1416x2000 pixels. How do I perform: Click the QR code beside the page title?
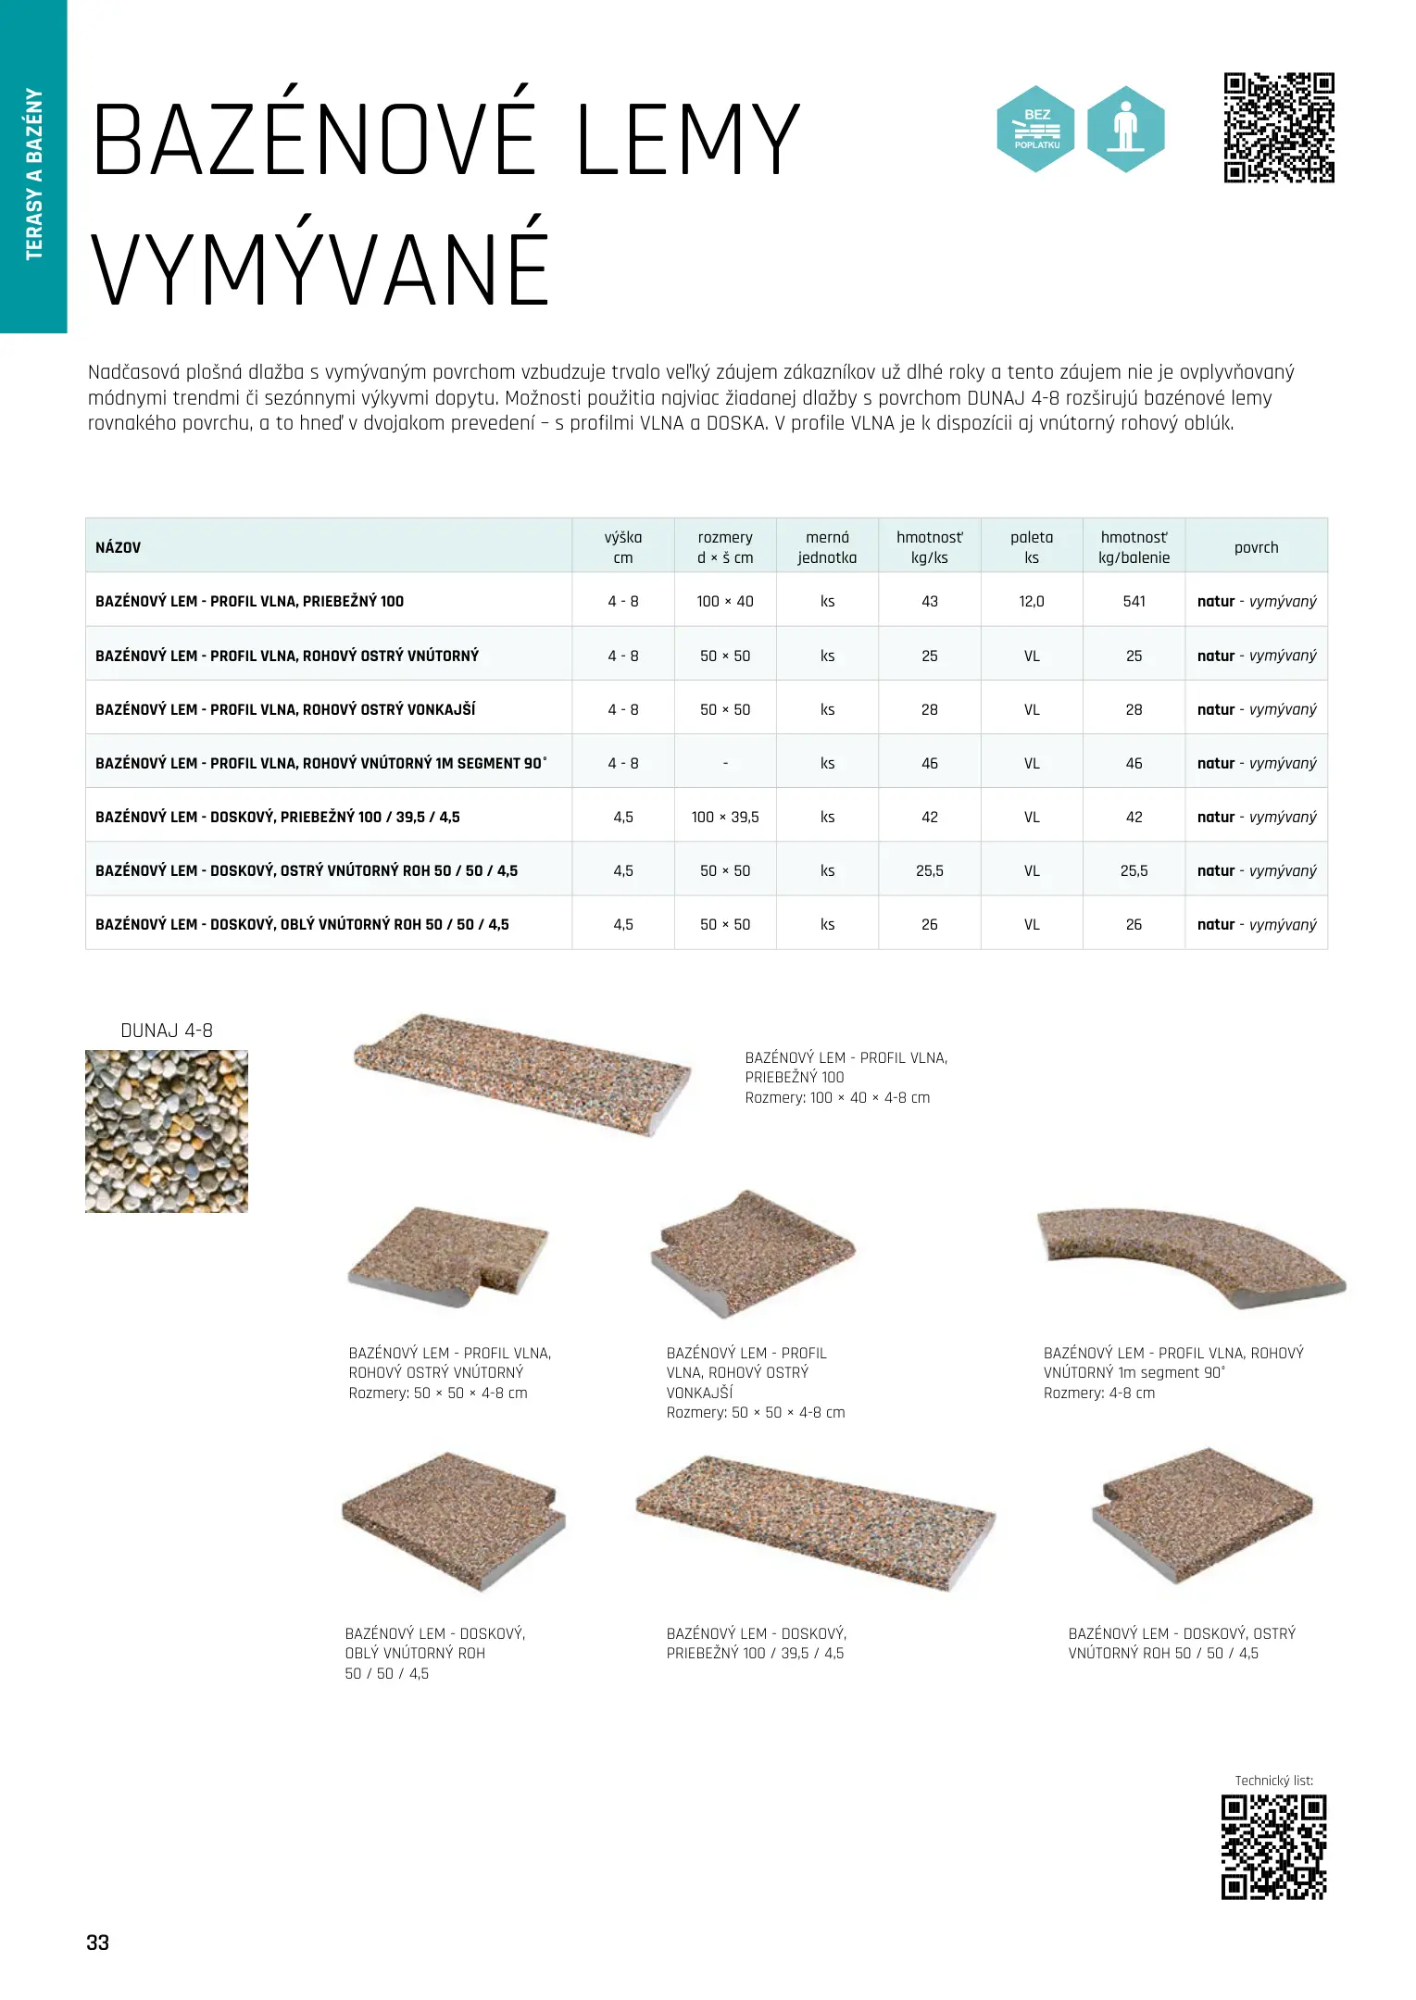(x=1279, y=128)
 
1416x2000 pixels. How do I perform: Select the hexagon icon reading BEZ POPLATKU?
(x=1035, y=129)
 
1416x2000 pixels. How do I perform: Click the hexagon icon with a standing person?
(x=1125, y=129)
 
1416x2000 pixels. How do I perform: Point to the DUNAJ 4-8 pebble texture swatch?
(x=167, y=1131)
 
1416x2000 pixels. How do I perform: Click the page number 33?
(x=97, y=1943)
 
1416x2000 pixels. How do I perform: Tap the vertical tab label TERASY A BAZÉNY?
(x=34, y=174)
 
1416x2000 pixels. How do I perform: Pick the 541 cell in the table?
(x=1134, y=601)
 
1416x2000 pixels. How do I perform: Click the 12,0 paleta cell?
(x=1032, y=601)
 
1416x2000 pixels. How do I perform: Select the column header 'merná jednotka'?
(x=827, y=547)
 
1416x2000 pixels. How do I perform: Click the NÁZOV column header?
(x=119, y=547)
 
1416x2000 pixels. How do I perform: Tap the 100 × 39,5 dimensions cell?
(x=725, y=817)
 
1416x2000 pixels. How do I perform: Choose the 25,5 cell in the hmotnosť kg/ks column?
(x=930, y=870)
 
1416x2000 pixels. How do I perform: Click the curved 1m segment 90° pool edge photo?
(x=1191, y=1255)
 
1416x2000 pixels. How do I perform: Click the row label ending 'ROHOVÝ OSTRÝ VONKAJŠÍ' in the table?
(x=285, y=709)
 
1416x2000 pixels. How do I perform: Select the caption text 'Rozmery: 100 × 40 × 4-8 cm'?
(x=837, y=1097)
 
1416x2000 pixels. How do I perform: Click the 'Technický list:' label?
(x=1273, y=1781)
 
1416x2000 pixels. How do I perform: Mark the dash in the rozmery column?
(x=725, y=763)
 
